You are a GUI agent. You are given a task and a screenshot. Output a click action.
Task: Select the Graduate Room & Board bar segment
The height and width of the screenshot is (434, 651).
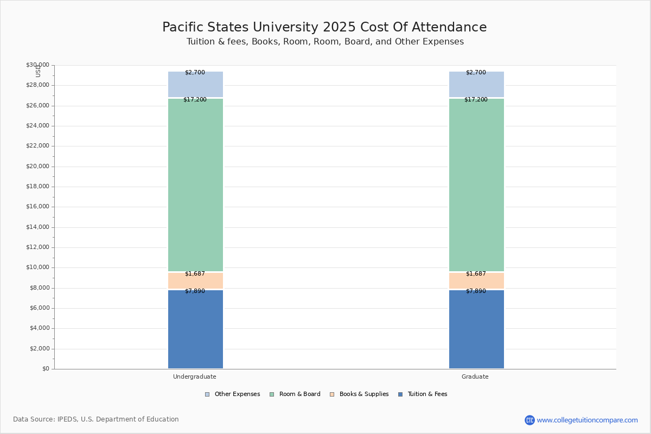tap(476, 184)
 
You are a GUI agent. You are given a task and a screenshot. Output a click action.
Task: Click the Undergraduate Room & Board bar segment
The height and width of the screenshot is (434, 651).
tap(195, 184)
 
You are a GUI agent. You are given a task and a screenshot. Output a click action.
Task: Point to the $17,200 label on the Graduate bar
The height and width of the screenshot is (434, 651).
tap(476, 100)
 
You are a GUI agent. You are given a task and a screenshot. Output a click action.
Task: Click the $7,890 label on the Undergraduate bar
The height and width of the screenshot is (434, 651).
tap(195, 291)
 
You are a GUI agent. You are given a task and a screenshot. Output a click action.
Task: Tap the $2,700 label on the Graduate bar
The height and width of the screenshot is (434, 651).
tap(476, 73)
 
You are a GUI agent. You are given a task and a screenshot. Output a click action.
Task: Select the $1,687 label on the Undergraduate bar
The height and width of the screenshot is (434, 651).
tap(195, 274)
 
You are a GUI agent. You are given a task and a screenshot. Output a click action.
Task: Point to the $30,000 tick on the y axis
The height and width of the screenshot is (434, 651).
tap(37, 65)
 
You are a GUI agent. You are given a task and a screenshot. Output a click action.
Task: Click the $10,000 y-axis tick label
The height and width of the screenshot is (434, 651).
tap(37, 267)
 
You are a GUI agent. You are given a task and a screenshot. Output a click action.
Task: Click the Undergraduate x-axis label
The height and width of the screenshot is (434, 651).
tap(195, 376)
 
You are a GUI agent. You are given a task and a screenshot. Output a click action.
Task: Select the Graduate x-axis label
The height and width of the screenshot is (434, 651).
tap(475, 376)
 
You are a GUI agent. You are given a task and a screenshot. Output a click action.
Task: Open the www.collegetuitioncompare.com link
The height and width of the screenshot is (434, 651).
tap(587, 420)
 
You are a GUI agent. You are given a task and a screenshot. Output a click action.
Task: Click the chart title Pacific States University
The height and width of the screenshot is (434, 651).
tap(324, 28)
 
